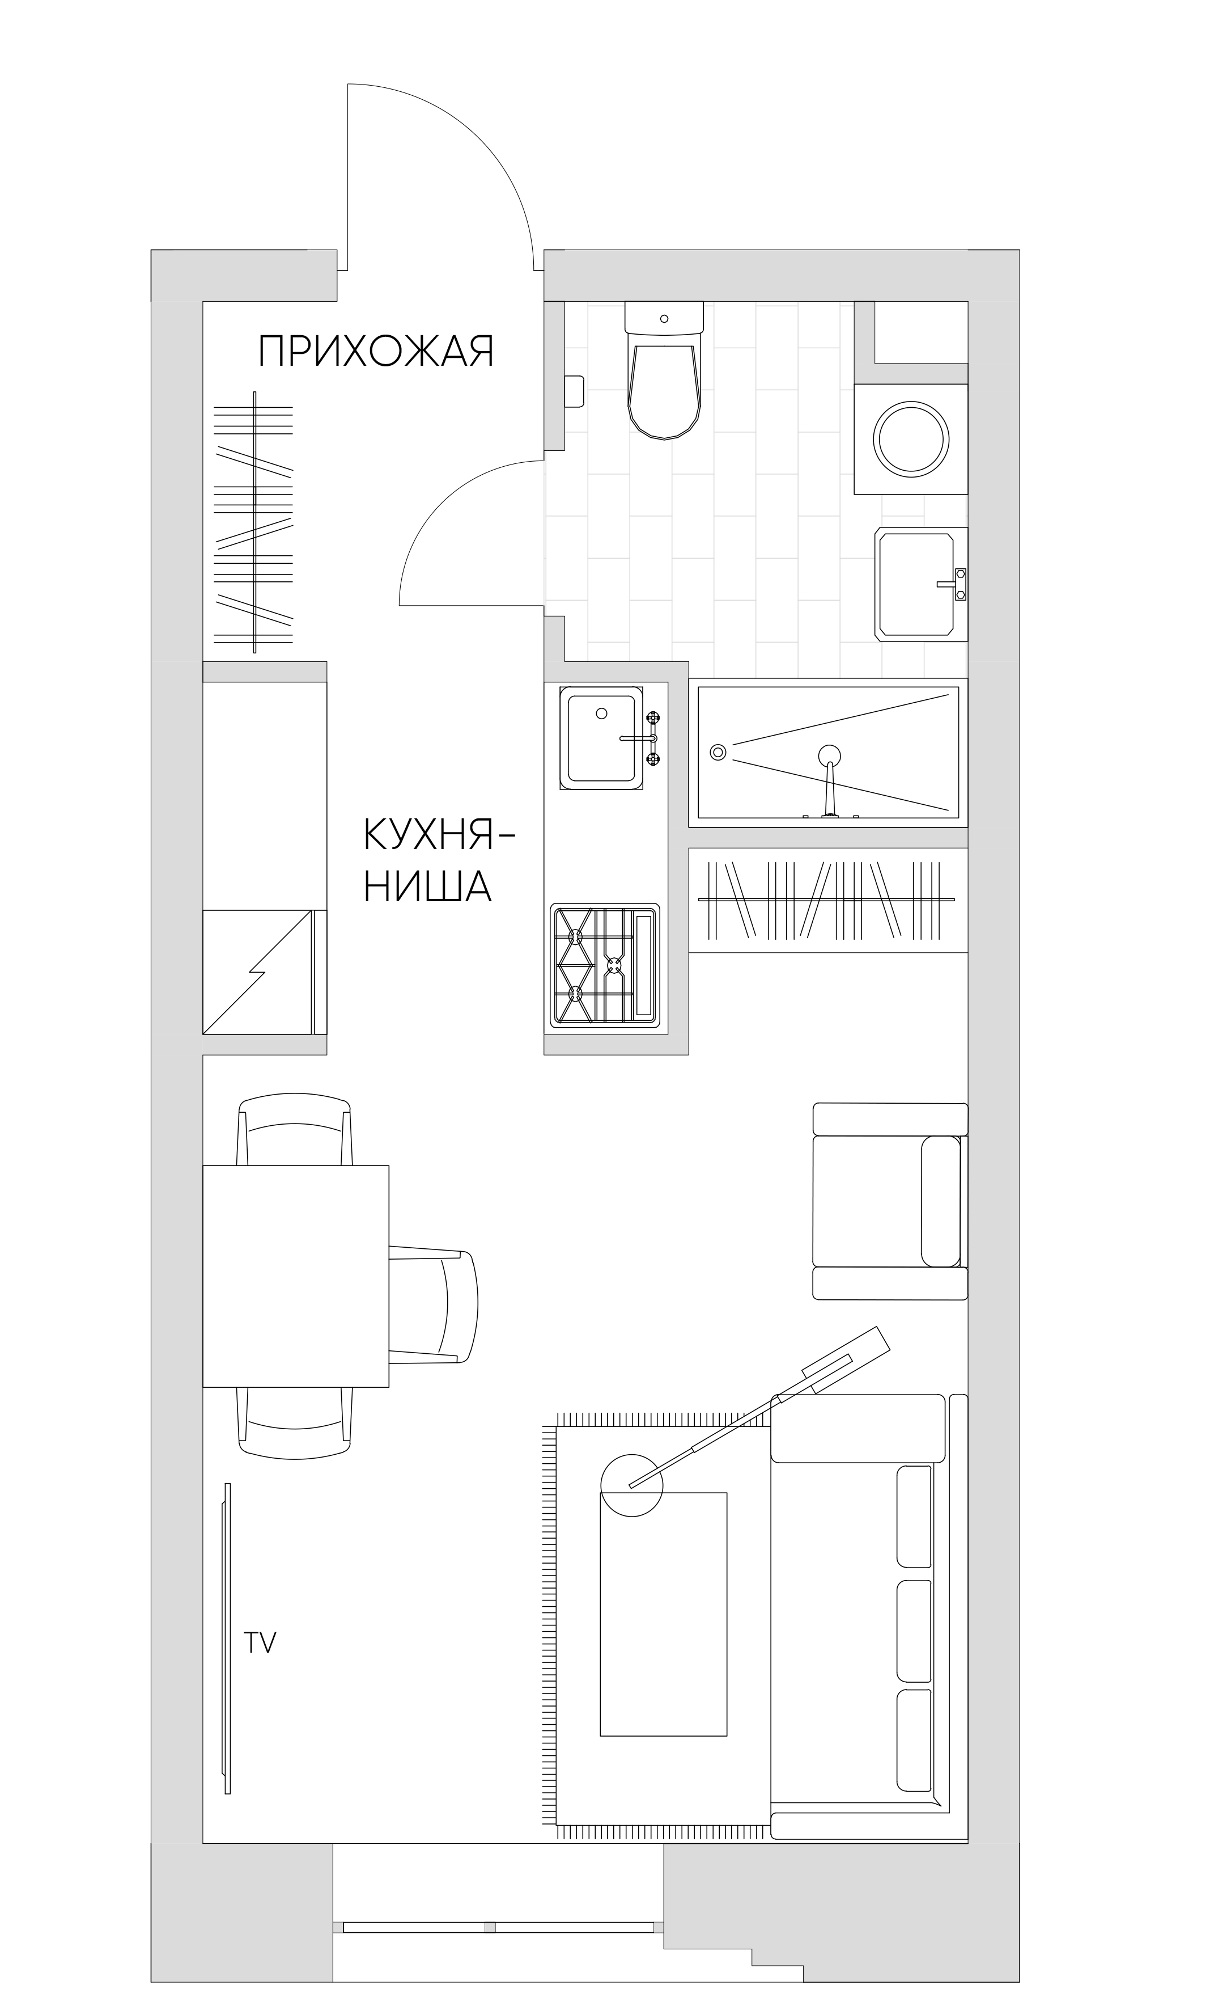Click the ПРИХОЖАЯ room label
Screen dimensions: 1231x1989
point(376,351)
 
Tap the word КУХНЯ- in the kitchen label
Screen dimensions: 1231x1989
point(440,835)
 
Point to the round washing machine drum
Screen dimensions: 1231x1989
point(911,438)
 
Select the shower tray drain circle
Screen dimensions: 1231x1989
point(718,752)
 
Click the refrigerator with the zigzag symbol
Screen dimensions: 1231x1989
point(265,973)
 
